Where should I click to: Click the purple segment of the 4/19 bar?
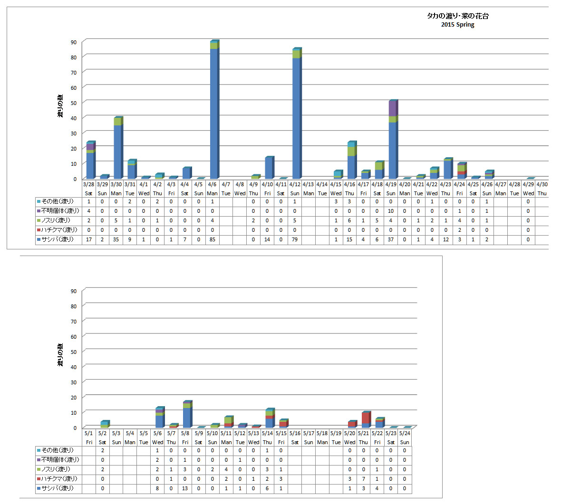click(x=392, y=109)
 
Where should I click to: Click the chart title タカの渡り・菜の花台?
click(x=457, y=16)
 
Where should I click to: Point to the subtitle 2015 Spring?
click(x=457, y=25)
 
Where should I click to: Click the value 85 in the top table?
click(x=212, y=239)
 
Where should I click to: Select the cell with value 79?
click(x=295, y=239)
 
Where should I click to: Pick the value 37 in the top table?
click(x=391, y=239)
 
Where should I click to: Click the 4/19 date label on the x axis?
click(x=391, y=184)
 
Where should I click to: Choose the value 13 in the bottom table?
click(x=185, y=488)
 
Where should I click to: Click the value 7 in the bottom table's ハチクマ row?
click(x=363, y=479)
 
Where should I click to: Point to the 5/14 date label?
click(x=267, y=433)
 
